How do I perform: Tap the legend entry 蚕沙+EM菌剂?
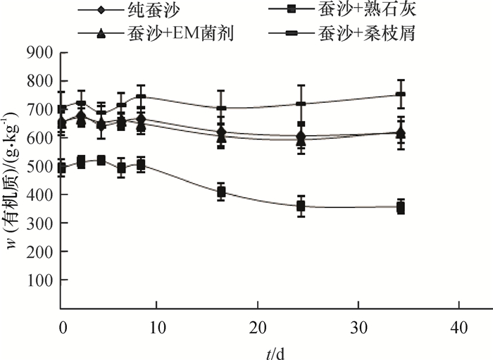pos(180,32)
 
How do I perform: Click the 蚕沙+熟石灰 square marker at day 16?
pos(221,192)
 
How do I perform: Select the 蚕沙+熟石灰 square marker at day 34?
pos(401,207)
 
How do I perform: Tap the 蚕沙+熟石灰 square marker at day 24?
pos(301,206)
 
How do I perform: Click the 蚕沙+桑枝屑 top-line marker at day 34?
pos(401,94)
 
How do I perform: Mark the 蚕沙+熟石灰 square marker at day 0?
pos(62,168)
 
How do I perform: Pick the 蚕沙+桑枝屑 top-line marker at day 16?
pos(221,108)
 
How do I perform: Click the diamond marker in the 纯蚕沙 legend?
pos(102,11)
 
